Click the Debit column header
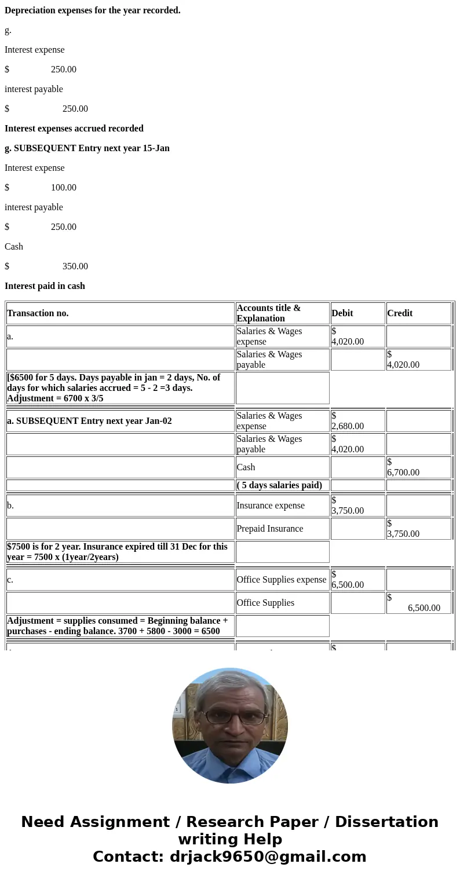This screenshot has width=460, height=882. tap(342, 313)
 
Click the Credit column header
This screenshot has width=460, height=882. tap(400, 313)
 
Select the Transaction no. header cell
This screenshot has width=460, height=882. tap(38, 313)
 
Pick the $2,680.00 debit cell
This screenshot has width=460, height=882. tap(348, 421)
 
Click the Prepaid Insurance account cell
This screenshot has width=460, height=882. tap(270, 529)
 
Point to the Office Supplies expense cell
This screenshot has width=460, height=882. tap(282, 580)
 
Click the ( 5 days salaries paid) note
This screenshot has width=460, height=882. tap(279, 485)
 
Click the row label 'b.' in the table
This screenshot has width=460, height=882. tap(10, 506)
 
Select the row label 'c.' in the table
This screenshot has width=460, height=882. tap(10, 580)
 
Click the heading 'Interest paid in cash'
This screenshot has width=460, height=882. tap(45, 286)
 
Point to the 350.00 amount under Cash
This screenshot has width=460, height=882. tap(75, 266)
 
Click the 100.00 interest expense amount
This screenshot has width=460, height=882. tap(64, 188)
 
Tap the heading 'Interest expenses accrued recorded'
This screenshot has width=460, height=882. tap(74, 129)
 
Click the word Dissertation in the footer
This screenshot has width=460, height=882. tap(386, 822)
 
